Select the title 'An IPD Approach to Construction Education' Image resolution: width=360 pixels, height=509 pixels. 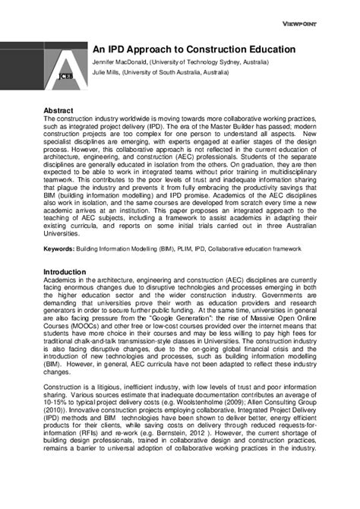(194, 49)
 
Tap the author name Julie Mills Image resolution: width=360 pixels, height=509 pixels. (106, 72)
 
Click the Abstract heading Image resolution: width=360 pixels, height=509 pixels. (58, 110)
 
